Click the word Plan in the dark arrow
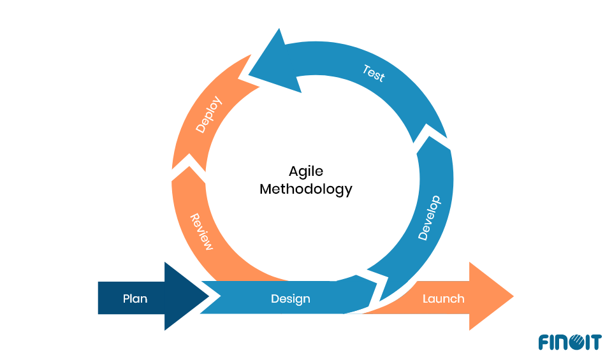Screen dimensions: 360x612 point(135,298)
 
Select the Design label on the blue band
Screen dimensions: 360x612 point(290,298)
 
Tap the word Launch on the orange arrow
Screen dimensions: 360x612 point(443,298)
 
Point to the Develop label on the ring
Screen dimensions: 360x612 point(429,218)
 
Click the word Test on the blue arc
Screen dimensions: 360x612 point(374,73)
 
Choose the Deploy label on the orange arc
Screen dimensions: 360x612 point(209,114)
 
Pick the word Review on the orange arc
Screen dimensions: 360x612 point(201,232)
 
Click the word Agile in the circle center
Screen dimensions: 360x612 point(306,171)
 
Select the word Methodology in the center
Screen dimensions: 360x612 point(306,189)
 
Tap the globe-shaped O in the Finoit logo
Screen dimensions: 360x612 point(572,342)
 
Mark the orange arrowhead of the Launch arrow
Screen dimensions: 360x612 point(494,296)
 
